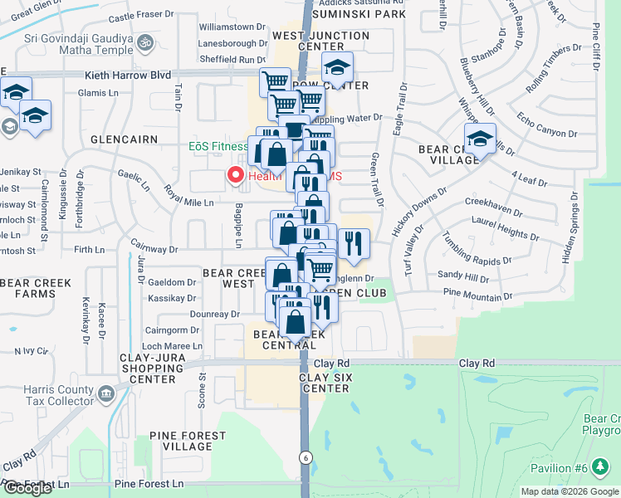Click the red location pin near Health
pos(235,175)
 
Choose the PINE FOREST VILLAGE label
pos(188,441)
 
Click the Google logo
pos(27,488)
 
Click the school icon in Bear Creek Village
pos(480,141)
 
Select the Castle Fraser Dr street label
pos(142,17)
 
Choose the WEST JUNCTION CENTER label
pos(320,41)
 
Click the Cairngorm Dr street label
pos(172,330)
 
